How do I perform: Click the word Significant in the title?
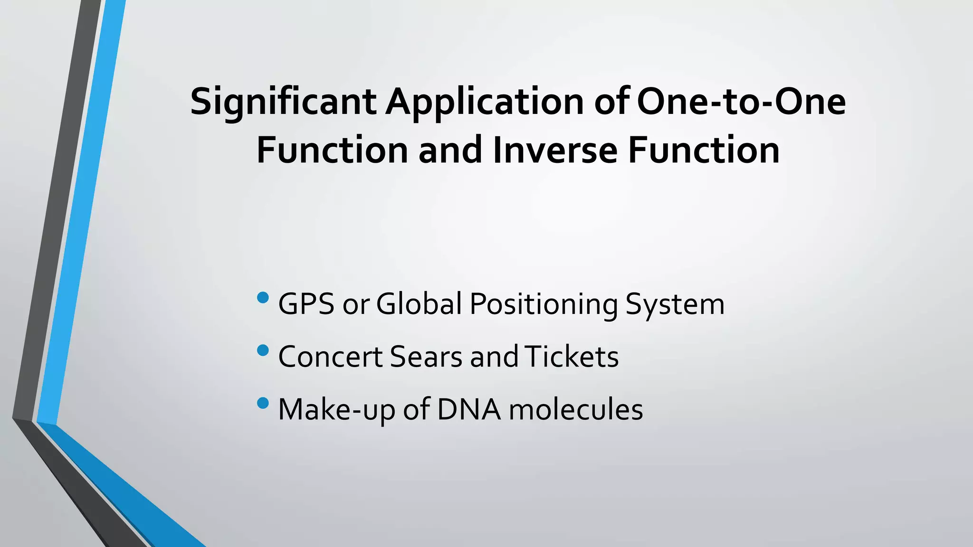coord(283,102)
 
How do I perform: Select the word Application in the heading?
coord(484,102)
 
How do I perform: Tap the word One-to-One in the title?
coord(741,102)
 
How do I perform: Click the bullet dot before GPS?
coord(262,298)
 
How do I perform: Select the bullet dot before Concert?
coord(262,351)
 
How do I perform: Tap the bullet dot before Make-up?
coord(262,404)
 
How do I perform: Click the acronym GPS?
coord(306,304)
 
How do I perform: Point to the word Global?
coord(419,304)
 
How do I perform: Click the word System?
coord(675,304)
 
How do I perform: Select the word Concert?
coord(330,357)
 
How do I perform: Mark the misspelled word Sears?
coord(426,357)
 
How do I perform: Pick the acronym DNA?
coord(468,410)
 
